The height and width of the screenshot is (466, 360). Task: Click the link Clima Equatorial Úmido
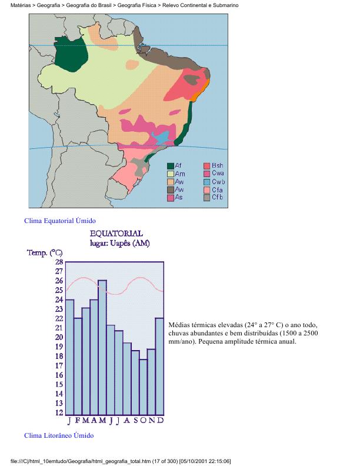click(59, 221)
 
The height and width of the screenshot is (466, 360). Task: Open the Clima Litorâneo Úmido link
click(58, 435)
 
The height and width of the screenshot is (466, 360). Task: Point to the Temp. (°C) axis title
click(45, 253)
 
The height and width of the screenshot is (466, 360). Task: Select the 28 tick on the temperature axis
click(59, 262)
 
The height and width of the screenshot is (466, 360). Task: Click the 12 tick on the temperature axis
click(59, 412)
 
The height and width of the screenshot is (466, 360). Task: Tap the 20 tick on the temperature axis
click(59, 337)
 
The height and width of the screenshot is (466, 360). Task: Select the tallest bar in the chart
click(102, 347)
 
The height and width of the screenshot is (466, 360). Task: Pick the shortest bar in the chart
click(144, 386)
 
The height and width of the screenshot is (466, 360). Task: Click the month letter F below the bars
click(78, 421)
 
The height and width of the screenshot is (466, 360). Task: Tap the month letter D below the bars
click(160, 421)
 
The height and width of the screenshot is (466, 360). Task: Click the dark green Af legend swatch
click(171, 166)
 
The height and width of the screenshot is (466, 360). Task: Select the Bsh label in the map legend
click(217, 166)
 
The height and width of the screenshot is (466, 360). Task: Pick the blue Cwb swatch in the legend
click(207, 182)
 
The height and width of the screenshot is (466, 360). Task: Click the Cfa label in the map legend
click(217, 189)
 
